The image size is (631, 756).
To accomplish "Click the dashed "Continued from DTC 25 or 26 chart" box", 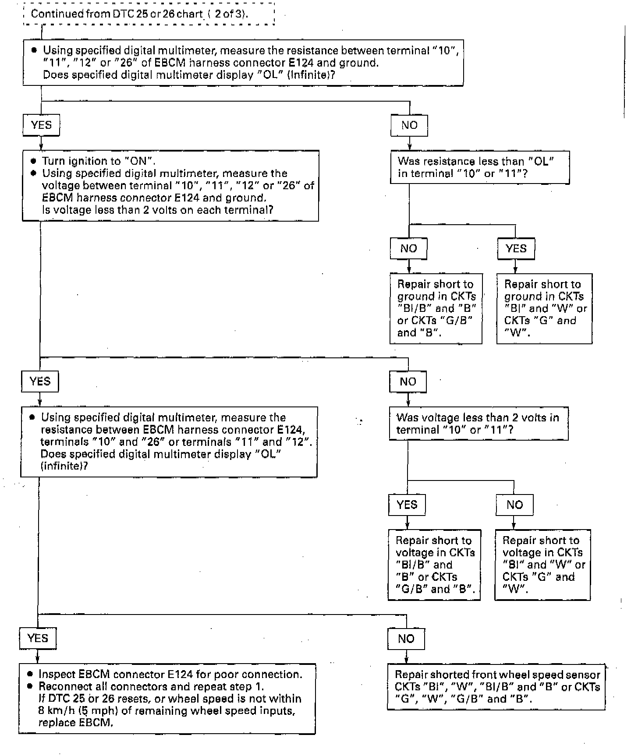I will (149, 14).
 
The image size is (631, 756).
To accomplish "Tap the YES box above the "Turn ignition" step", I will (41, 125).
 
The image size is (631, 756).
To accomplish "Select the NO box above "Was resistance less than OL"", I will (409, 125).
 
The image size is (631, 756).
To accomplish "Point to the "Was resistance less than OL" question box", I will (479, 167).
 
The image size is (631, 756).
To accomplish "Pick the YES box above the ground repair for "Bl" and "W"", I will (516, 249).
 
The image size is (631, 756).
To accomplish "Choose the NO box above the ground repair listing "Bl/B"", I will (408, 249).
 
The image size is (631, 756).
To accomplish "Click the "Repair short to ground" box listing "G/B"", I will (436, 308).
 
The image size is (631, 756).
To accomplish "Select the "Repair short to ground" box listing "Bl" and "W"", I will (544, 308).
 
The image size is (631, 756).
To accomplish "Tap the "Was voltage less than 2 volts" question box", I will (478, 424).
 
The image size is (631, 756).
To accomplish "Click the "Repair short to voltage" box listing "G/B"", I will (434, 565).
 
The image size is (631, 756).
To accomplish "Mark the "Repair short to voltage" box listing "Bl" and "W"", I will (542, 565).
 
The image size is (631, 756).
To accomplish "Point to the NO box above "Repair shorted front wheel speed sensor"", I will (406, 639).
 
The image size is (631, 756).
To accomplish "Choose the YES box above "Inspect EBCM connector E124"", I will (38, 638).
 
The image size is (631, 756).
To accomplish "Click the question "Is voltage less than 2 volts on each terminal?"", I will (158, 210).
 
